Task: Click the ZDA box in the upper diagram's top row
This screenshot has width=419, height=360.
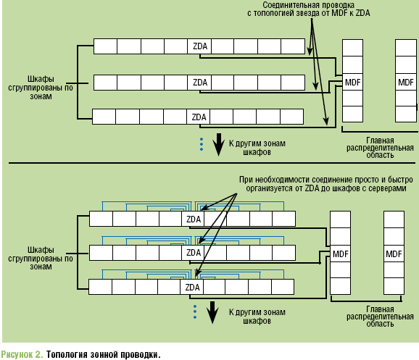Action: (199, 46)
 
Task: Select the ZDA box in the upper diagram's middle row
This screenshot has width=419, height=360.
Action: (199, 83)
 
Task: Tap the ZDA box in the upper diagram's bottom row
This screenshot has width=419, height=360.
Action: (199, 117)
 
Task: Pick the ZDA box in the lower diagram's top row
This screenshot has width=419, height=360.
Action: (193, 219)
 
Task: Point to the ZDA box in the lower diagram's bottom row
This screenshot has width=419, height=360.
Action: (191, 287)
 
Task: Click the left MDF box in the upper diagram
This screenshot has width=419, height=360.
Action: (353, 83)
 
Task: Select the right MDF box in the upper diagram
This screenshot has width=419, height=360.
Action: (406, 83)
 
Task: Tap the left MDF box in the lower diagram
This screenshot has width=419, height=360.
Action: (340, 254)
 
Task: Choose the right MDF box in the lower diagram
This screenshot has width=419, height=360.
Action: (394, 254)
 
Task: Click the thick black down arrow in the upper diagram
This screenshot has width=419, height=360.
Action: (219, 144)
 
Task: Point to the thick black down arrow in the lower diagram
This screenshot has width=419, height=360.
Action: (212, 312)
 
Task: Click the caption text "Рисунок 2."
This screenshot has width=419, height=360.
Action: (22, 354)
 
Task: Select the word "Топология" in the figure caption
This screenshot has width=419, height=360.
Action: (67, 354)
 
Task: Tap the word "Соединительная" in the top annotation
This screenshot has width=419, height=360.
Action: (287, 5)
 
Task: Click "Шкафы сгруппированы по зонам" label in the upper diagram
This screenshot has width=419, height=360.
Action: (41, 88)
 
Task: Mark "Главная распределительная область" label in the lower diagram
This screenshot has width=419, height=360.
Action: (380, 317)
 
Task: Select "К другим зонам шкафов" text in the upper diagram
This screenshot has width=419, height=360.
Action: (257, 148)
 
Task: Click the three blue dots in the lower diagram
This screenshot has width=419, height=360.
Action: (195, 312)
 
